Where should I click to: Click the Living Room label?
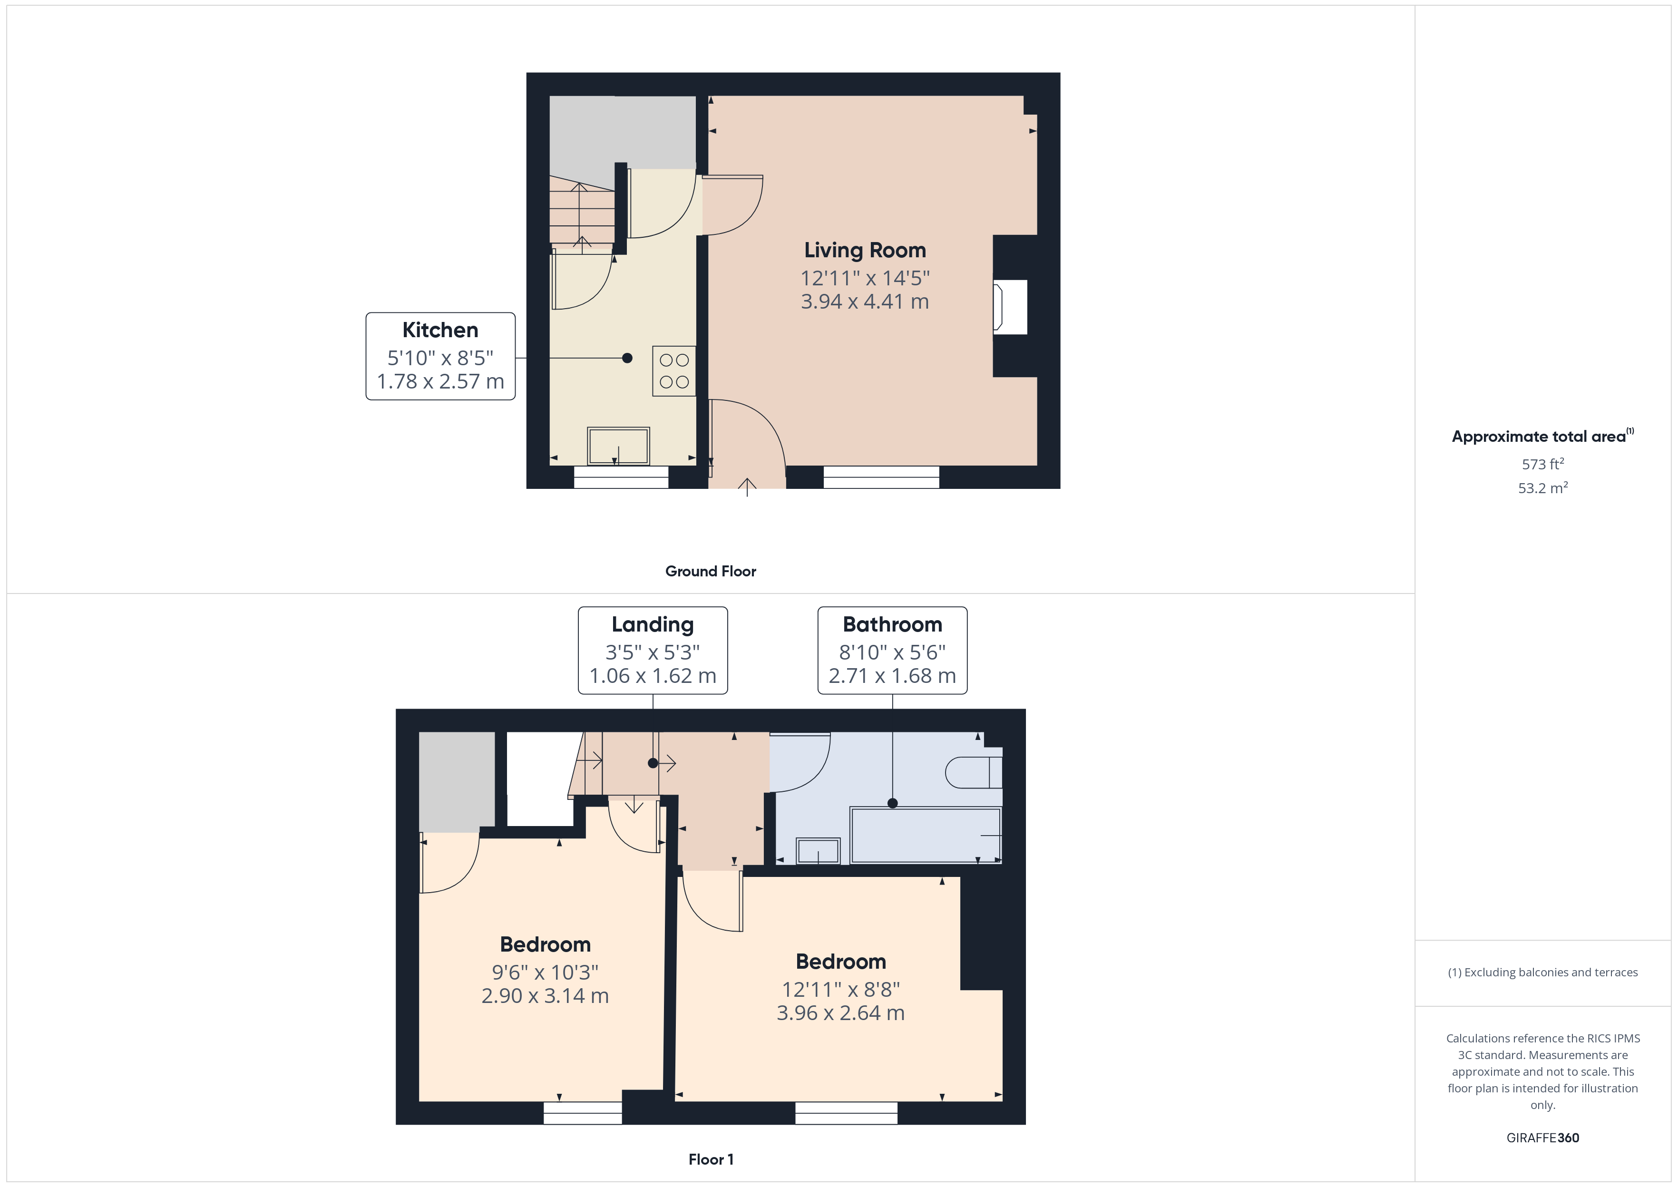pyautogui.click(x=865, y=251)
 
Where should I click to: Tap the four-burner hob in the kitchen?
pyautogui.click(x=674, y=370)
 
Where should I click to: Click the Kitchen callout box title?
pyautogui.click(x=440, y=331)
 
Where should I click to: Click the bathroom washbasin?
pyautogui.click(x=818, y=851)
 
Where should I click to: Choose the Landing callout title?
pyautogui.click(x=653, y=625)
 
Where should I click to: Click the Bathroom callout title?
pyautogui.click(x=892, y=625)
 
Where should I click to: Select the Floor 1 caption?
pyautogui.click(x=711, y=1159)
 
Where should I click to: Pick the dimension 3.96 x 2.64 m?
pyautogui.click(x=840, y=1013)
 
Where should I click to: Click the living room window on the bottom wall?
pyautogui.click(x=881, y=477)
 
